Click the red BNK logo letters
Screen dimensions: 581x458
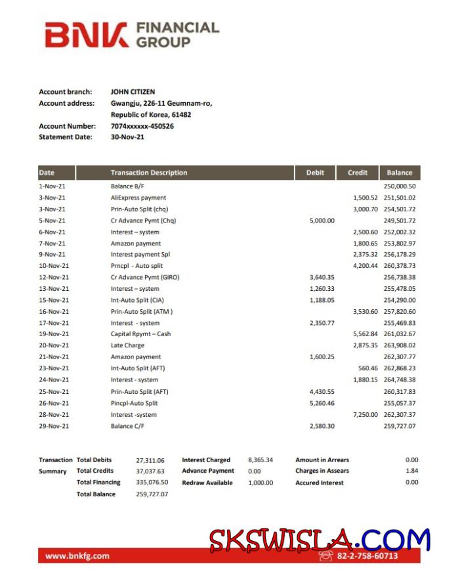[87, 35]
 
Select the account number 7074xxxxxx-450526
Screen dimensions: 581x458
[142, 126]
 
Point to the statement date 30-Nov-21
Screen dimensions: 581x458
[127, 137]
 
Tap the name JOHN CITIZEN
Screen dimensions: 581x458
[133, 92]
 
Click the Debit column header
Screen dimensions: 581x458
[315, 173]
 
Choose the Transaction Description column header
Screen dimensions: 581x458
[149, 173]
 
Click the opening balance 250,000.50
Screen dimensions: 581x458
[400, 186]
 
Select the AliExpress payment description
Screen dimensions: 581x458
[138, 198]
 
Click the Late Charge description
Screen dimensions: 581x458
[127, 345]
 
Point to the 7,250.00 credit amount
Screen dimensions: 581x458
[365, 415]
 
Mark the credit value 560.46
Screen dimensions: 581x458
[368, 368]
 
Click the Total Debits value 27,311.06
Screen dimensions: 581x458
[150, 460]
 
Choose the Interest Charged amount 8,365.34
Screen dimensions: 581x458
[260, 460]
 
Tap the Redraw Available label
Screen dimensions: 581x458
[207, 483]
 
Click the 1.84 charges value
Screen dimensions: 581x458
[411, 471]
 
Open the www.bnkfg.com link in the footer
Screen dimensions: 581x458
[77, 556]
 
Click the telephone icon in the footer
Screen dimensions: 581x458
[326, 555]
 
